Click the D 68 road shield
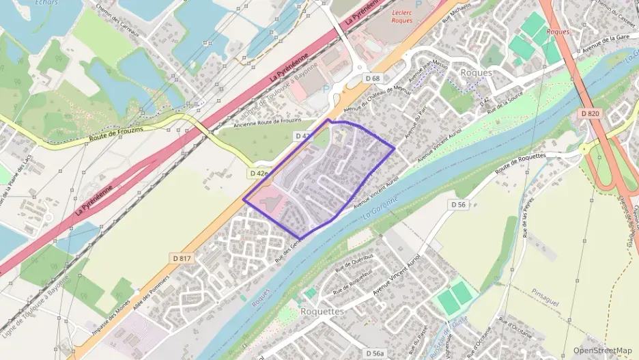click(x=372, y=79)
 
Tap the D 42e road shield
click(x=259, y=174)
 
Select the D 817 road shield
click(x=181, y=258)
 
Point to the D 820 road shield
click(x=589, y=113)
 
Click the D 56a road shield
click(x=374, y=353)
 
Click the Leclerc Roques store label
click(x=403, y=16)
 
